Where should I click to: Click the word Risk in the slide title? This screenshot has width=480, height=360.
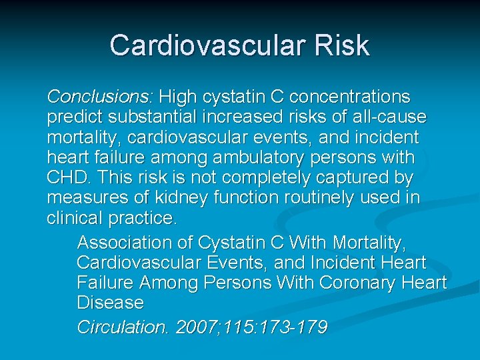(343, 45)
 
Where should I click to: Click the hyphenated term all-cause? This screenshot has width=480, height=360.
(391, 118)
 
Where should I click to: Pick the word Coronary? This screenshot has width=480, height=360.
(357, 283)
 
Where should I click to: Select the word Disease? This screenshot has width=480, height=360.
(110, 303)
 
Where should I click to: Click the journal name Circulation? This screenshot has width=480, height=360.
(123, 327)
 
